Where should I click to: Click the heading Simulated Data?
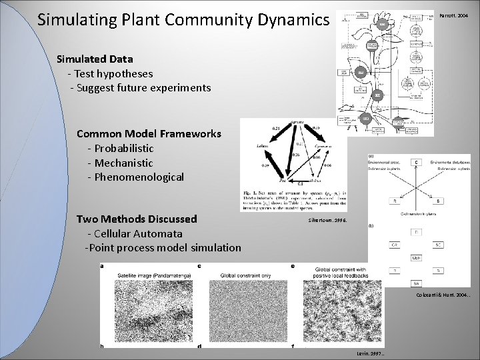pos(95,59)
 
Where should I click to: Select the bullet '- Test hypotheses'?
pos(110,73)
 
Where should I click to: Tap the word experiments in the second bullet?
pos(179,88)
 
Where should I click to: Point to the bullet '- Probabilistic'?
pos(120,148)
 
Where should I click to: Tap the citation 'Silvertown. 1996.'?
pos(327,220)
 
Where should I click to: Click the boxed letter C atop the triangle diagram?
pos(417,162)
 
